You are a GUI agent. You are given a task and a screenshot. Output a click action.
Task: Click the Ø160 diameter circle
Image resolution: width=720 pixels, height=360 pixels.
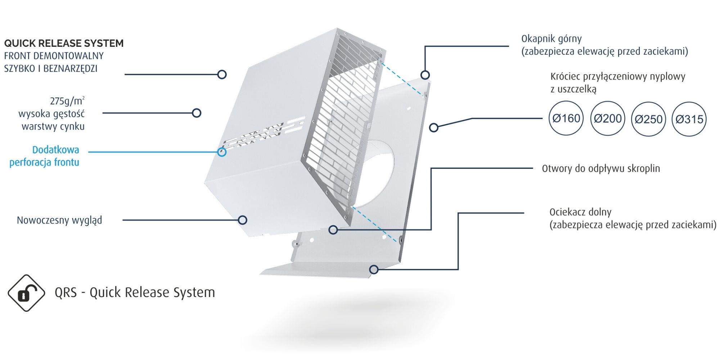(x=566, y=118)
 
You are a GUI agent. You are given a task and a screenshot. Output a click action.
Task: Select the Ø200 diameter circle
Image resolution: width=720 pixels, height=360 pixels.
(x=608, y=118)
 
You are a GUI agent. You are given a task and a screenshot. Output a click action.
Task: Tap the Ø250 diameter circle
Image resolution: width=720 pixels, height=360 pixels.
(x=648, y=119)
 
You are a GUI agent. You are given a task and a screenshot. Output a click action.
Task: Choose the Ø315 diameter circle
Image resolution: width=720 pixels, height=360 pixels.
(x=689, y=119)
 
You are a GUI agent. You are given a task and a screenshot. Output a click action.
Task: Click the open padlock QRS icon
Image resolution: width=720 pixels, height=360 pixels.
(x=26, y=293)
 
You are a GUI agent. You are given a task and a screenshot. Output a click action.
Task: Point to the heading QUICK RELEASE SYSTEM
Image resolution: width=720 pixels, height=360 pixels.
(x=64, y=43)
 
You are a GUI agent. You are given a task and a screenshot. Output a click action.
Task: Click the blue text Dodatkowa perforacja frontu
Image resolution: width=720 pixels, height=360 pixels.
(x=45, y=156)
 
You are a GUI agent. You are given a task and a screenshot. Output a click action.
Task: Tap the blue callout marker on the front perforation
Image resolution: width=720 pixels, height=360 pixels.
(x=222, y=152)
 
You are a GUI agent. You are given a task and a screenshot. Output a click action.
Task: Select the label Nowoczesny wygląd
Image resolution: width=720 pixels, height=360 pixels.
(x=59, y=220)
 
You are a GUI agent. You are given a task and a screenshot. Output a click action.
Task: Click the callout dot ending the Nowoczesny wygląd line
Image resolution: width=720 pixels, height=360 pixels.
(x=243, y=220)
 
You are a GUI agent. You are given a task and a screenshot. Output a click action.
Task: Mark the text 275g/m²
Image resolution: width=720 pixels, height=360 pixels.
(x=67, y=101)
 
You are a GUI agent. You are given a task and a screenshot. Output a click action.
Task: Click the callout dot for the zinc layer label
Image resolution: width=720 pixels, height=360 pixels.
(x=197, y=113)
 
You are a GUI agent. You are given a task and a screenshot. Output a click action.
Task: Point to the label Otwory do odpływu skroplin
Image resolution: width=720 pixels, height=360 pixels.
(x=601, y=168)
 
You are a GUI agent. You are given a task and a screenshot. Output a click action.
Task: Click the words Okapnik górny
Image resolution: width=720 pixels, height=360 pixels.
(x=551, y=39)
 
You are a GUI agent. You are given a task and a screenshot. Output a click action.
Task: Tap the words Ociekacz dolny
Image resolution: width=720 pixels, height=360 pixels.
(x=580, y=212)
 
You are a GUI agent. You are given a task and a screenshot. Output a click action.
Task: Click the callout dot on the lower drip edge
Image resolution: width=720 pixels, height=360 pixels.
(x=374, y=269)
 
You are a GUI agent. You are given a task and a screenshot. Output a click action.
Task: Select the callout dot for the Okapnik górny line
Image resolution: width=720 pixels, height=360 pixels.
(x=425, y=75)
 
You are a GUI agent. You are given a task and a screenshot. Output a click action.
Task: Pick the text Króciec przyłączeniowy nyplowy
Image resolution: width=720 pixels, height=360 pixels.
(x=617, y=76)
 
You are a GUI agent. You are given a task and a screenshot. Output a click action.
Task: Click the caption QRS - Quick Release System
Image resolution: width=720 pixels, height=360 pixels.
(x=135, y=292)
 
